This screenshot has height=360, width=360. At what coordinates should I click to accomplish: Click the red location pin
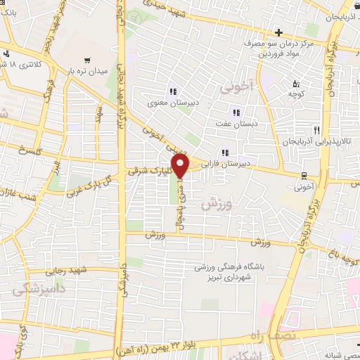pyautogui.click(x=181, y=165)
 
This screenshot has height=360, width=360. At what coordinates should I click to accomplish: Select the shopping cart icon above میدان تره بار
pyautogui.click(x=86, y=60)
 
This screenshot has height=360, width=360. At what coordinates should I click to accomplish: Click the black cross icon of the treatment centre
pyautogui.click(x=278, y=32)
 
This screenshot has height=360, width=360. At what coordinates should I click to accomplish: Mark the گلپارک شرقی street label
pyautogui.click(x=147, y=170)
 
